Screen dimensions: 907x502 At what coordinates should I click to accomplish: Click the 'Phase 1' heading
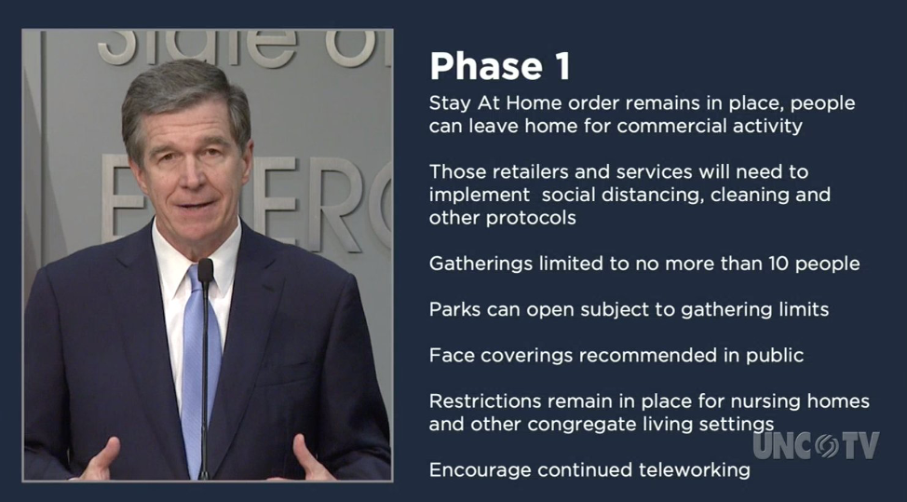500,66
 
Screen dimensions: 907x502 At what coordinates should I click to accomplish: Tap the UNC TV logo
816,445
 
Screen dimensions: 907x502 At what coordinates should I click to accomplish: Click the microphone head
206,270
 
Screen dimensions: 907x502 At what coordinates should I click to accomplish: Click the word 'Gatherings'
481,265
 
